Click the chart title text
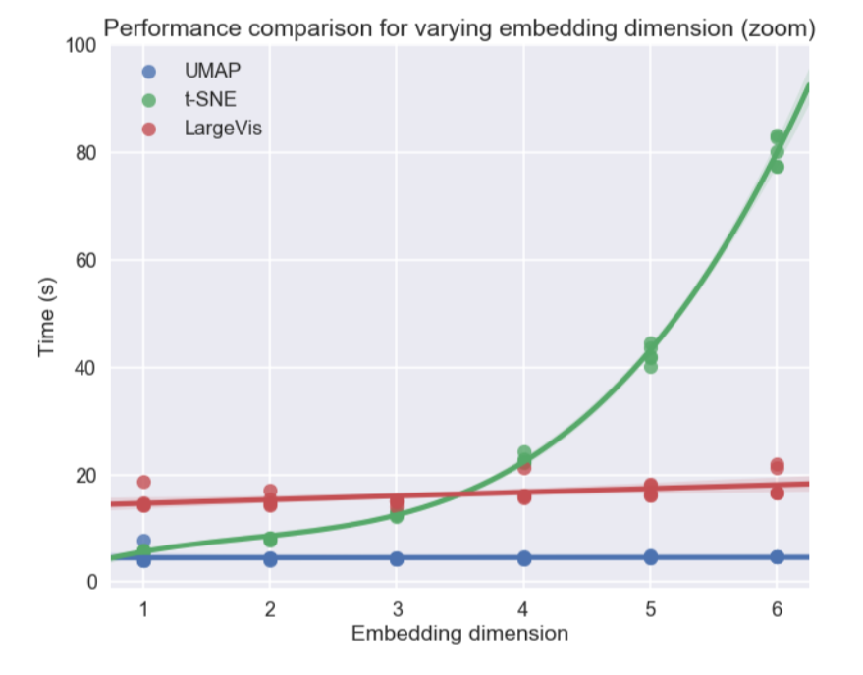pyautogui.click(x=458, y=29)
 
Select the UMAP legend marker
pyautogui.click(x=148, y=71)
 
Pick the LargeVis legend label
pyautogui.click(x=223, y=129)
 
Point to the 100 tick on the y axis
pyautogui.click(x=81, y=46)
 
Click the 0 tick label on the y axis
pyautogui.click(x=91, y=583)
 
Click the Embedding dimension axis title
pyautogui.click(x=459, y=634)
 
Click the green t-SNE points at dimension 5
pyautogui.click(x=650, y=354)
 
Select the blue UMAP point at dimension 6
pyautogui.click(x=777, y=557)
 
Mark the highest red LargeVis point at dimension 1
pyautogui.click(x=143, y=482)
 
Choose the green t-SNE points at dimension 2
pyautogui.click(x=270, y=539)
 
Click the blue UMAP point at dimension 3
pyautogui.click(x=397, y=558)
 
